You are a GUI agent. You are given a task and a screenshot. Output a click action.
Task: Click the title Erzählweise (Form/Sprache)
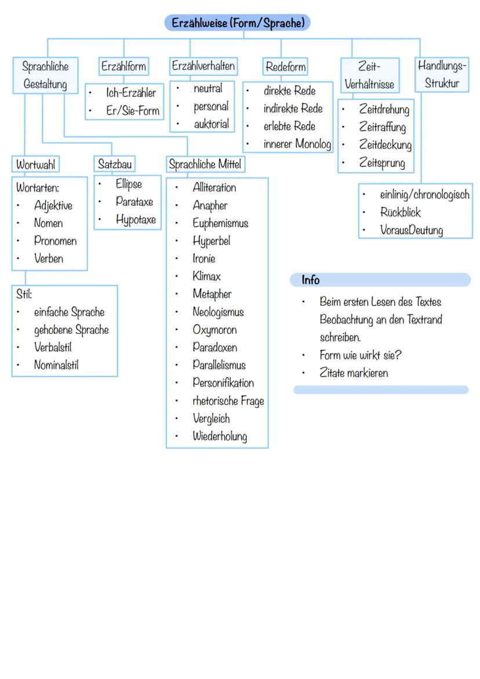[238, 23]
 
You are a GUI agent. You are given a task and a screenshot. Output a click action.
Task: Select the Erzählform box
[123, 66]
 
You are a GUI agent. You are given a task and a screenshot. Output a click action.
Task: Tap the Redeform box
[285, 67]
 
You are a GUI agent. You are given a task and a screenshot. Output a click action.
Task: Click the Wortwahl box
[36, 165]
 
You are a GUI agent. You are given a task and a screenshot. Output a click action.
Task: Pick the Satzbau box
[115, 165]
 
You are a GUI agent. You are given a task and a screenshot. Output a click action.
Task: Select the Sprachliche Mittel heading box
[205, 165]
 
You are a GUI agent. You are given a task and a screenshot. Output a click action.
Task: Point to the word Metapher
[212, 294]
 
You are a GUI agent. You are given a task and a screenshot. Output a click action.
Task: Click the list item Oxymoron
[214, 330]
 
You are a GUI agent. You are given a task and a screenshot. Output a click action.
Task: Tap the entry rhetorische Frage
[228, 401]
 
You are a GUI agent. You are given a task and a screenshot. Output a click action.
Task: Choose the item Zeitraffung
[382, 127]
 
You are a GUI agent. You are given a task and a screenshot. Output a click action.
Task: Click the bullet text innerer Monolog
[297, 144]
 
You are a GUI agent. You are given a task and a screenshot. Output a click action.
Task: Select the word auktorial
[211, 124]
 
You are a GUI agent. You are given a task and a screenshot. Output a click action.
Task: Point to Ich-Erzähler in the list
[131, 93]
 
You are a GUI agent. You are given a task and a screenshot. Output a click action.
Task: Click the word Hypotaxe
[136, 220]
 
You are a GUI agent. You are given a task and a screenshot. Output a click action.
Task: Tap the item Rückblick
[401, 212]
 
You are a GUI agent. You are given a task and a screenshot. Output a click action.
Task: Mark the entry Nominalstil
[56, 365]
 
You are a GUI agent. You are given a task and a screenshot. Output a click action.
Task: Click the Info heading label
[311, 280]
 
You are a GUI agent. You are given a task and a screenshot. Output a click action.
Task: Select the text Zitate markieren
[354, 373]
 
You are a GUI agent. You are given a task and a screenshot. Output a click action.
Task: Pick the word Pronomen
[55, 241]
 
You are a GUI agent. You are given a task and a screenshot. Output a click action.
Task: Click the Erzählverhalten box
[203, 66]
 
